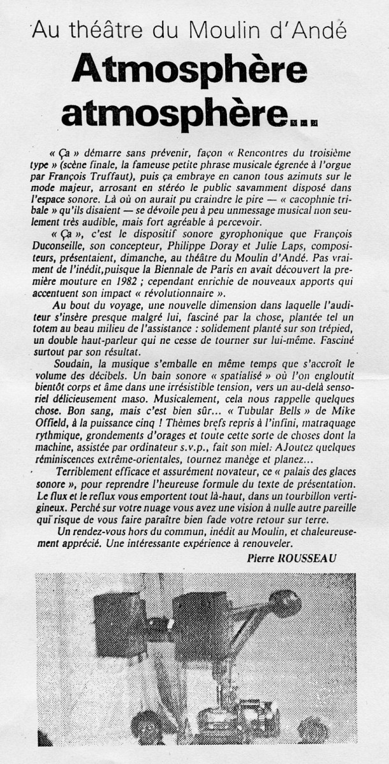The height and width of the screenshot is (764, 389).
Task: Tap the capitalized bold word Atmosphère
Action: (189, 70)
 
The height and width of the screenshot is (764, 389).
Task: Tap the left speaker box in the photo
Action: (121, 614)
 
